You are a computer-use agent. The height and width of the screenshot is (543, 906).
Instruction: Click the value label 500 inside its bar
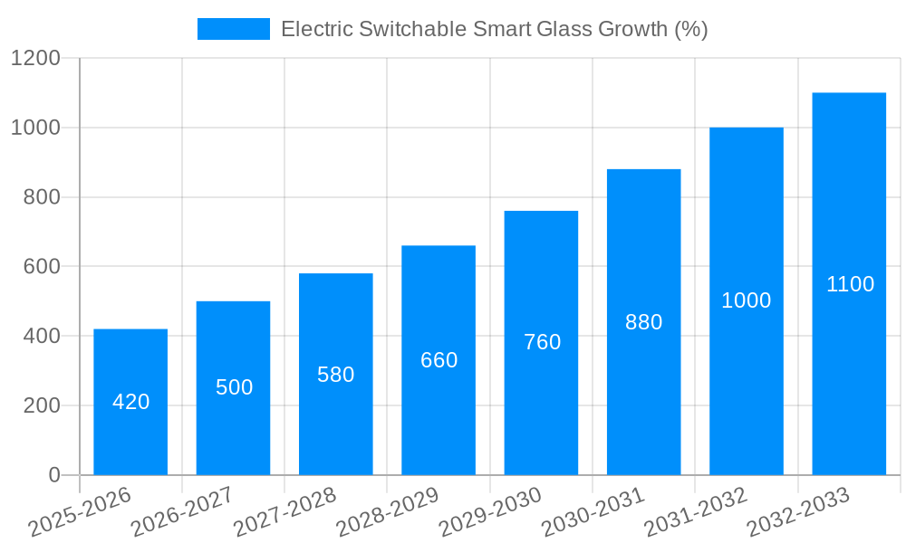pos(234,387)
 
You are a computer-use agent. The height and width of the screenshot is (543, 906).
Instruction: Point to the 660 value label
pos(439,360)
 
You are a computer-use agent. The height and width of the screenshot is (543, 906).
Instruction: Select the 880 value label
pos(644,322)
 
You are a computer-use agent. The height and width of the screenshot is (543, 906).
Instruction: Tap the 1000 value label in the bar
pos(747,301)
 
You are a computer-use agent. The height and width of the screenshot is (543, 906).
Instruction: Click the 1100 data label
pos(850,284)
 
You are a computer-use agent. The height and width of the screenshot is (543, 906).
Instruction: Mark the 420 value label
pos(131,402)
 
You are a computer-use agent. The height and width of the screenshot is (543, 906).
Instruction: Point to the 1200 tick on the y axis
pos(35,59)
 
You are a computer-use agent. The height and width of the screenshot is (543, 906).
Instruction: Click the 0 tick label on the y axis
pos(53,475)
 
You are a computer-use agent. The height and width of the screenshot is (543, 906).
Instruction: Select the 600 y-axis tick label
pos(42,267)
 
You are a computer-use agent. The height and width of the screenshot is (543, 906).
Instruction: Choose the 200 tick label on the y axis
pos(42,405)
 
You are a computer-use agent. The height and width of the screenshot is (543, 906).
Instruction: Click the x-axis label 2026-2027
pos(182,512)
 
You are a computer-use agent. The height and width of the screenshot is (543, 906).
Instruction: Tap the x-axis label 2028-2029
pos(388,512)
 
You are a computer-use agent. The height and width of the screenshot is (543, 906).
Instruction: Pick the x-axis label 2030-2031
pos(593,512)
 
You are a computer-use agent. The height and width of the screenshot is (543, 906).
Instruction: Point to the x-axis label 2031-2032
pos(696,512)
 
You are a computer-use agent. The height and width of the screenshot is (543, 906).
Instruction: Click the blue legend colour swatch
pos(234,29)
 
